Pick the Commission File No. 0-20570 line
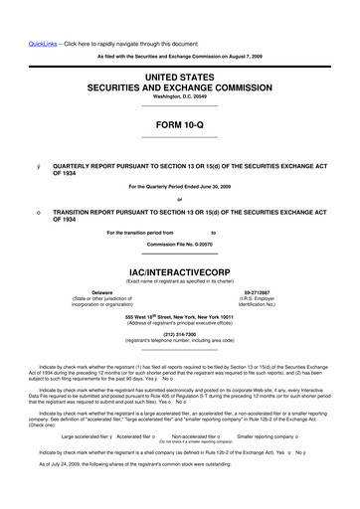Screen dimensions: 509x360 click(179, 244)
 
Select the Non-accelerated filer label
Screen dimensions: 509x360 click(198, 435)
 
